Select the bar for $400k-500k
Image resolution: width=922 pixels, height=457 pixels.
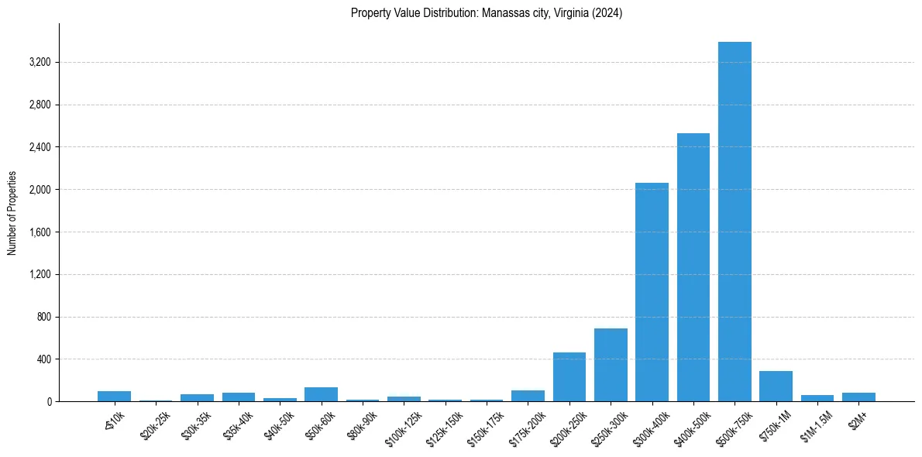click(693, 267)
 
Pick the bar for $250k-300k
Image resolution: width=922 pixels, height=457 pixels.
click(611, 365)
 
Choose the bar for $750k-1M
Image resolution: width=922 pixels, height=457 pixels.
click(776, 387)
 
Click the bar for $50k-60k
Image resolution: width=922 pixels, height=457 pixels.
click(321, 394)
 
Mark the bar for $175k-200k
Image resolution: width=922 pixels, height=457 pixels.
click(528, 396)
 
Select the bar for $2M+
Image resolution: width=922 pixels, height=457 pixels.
click(858, 397)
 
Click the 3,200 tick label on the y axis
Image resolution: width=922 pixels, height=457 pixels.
click(40, 62)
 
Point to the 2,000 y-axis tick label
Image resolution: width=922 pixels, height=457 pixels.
click(40, 190)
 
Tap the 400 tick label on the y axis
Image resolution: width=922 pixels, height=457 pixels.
click(43, 359)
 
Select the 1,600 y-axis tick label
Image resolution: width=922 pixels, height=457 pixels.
click(40, 232)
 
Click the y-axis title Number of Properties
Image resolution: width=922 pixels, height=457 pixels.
click(12, 213)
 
